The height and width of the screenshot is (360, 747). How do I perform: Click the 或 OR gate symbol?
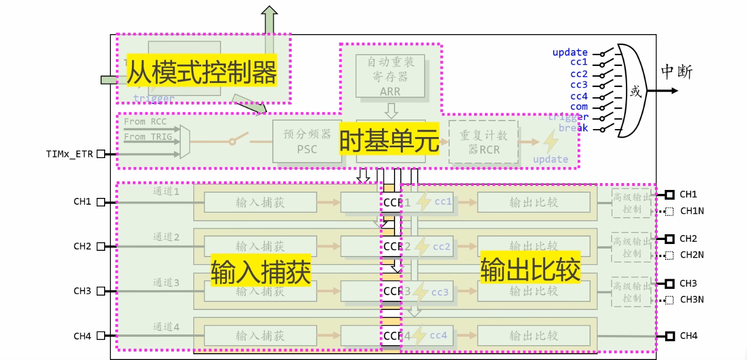(x=636, y=91)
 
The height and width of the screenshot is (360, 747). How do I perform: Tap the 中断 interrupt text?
(x=677, y=72)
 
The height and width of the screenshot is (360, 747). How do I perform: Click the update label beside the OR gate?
(x=570, y=53)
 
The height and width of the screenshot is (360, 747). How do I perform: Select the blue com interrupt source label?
(x=579, y=107)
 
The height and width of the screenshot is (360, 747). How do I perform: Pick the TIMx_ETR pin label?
(x=69, y=154)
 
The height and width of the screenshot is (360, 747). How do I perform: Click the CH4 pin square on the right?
(x=670, y=336)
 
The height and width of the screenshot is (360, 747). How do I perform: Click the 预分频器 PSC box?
(x=307, y=142)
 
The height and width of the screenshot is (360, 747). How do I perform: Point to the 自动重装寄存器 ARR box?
(x=390, y=76)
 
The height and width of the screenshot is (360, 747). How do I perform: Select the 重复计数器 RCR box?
(x=483, y=142)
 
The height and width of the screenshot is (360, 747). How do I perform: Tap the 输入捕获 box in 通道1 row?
(x=260, y=202)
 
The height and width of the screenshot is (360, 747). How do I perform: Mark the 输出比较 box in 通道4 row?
(x=533, y=336)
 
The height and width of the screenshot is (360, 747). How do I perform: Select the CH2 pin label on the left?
(x=82, y=246)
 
